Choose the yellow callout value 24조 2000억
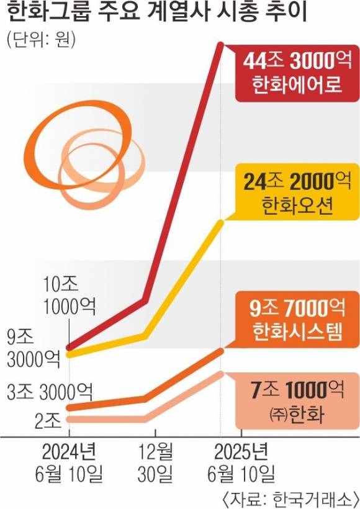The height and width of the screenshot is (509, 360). coord(294,182)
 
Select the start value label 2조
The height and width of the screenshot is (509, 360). coord(47,421)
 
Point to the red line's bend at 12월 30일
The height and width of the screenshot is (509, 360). coord(145,300)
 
